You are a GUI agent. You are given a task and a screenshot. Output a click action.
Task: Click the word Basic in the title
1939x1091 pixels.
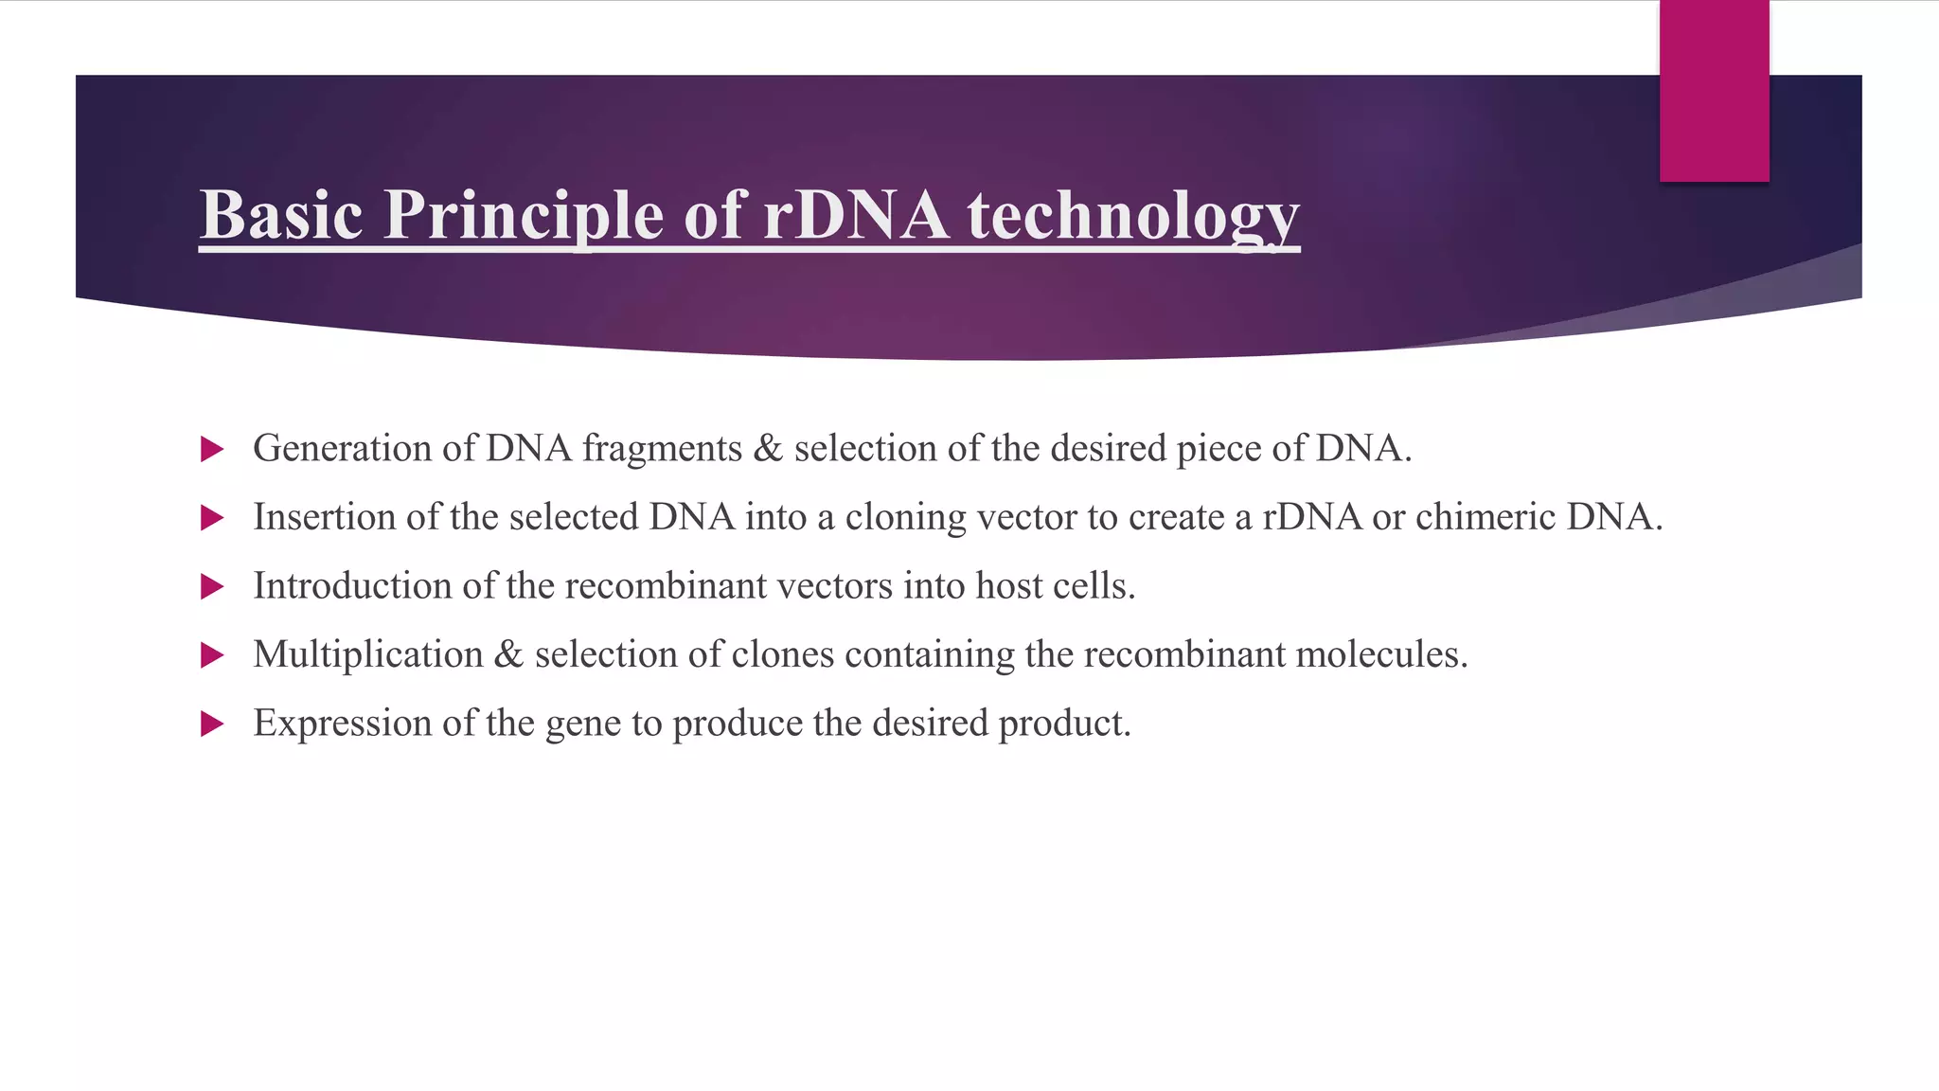[281, 215]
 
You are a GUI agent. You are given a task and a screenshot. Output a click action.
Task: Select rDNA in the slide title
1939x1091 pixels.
[855, 215]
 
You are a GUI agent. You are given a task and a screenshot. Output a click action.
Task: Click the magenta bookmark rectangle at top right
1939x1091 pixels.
[1714, 92]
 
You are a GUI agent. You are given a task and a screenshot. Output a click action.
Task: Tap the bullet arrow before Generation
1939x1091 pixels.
[212, 449]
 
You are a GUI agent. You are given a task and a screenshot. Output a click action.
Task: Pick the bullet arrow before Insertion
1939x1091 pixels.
[212, 518]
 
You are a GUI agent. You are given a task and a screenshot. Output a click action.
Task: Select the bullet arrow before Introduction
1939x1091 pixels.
[212, 587]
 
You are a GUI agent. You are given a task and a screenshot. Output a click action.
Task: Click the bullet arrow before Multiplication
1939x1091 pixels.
[212, 655]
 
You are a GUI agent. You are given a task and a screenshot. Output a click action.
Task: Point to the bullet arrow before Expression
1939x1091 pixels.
[212, 724]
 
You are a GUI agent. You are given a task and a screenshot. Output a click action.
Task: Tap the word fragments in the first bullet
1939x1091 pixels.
[662, 449]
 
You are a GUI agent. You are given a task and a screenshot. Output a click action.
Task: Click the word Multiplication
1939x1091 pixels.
[368, 654]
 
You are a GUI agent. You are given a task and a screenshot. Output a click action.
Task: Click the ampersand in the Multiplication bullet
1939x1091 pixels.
[508, 654]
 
